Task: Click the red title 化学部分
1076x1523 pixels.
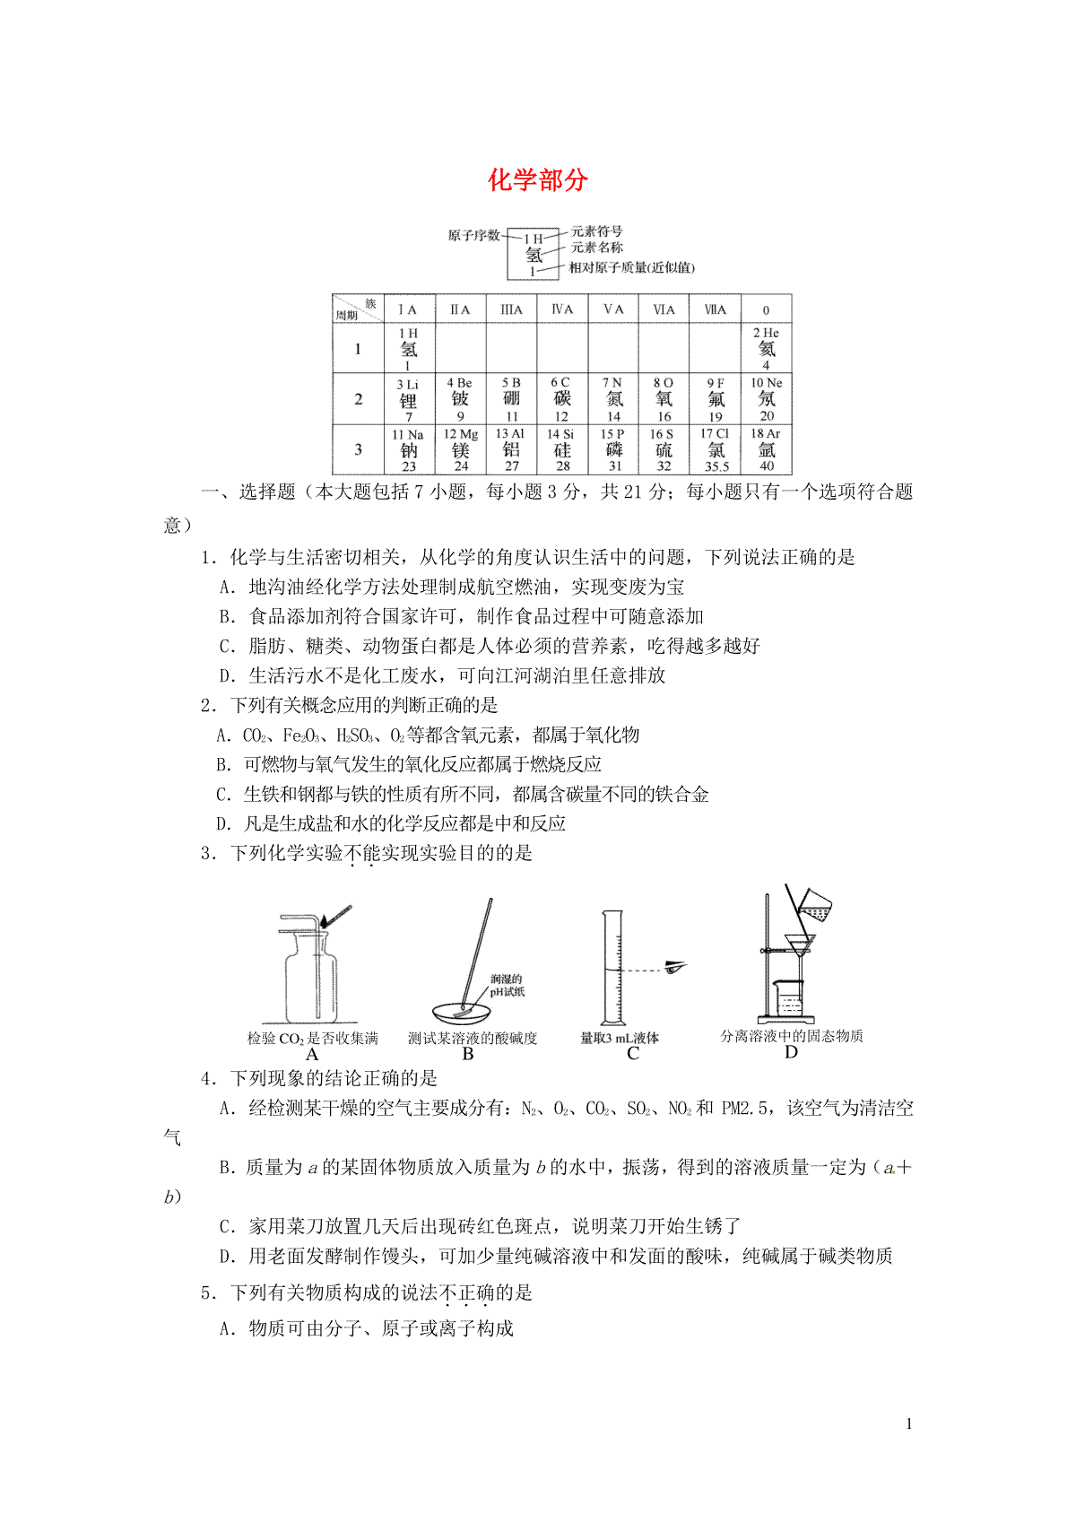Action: (x=537, y=180)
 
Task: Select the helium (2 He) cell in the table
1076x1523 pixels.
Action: (x=766, y=348)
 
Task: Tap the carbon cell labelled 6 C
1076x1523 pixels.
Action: (x=561, y=398)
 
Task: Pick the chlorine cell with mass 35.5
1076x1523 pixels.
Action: (x=716, y=449)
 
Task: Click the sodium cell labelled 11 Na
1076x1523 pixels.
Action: (x=409, y=449)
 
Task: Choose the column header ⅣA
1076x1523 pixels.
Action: (x=562, y=309)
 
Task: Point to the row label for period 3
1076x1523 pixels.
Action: (x=358, y=449)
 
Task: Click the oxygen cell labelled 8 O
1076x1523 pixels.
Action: (x=664, y=398)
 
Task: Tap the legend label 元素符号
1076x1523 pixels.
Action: (x=596, y=231)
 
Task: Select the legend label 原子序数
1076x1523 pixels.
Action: (x=473, y=236)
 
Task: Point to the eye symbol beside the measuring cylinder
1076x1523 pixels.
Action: (x=675, y=966)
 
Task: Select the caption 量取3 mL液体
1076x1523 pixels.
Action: (x=620, y=1038)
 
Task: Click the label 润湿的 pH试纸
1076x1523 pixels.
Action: (x=507, y=985)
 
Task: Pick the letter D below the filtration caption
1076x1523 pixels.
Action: (x=791, y=1052)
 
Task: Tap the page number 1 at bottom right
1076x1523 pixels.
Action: (x=909, y=1423)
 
